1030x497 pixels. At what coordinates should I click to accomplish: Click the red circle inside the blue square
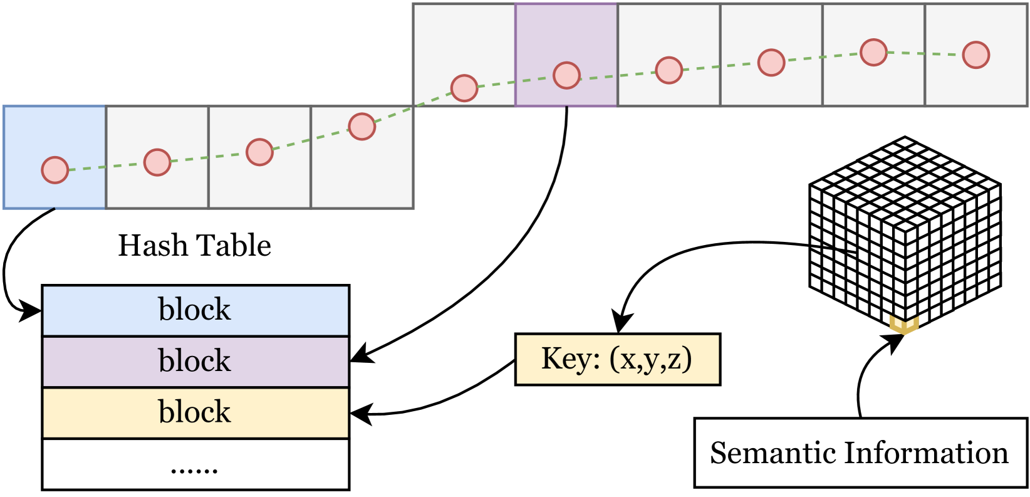click(55, 170)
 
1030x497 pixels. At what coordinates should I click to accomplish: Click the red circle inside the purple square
click(566, 75)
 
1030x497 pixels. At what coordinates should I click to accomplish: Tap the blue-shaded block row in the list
click(195, 311)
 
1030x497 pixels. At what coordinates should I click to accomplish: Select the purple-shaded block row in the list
click(195, 362)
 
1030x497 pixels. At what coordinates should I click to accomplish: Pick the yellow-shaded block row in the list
click(195, 413)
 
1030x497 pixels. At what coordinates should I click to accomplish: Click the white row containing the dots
click(195, 464)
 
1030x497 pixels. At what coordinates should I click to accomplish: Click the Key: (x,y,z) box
click(617, 359)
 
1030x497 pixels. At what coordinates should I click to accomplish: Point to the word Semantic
click(771, 453)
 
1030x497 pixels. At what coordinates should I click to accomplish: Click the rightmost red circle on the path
click(975, 55)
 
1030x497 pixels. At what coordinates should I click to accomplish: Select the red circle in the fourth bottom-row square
click(362, 127)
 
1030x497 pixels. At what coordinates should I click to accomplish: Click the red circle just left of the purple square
click(464, 88)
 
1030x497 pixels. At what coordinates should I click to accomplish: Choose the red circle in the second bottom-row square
click(157, 162)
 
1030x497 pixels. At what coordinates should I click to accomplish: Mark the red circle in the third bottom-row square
click(259, 152)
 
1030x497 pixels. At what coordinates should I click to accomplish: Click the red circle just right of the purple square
click(668, 70)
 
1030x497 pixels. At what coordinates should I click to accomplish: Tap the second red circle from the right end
click(873, 53)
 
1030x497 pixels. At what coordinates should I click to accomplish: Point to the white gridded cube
click(904, 232)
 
